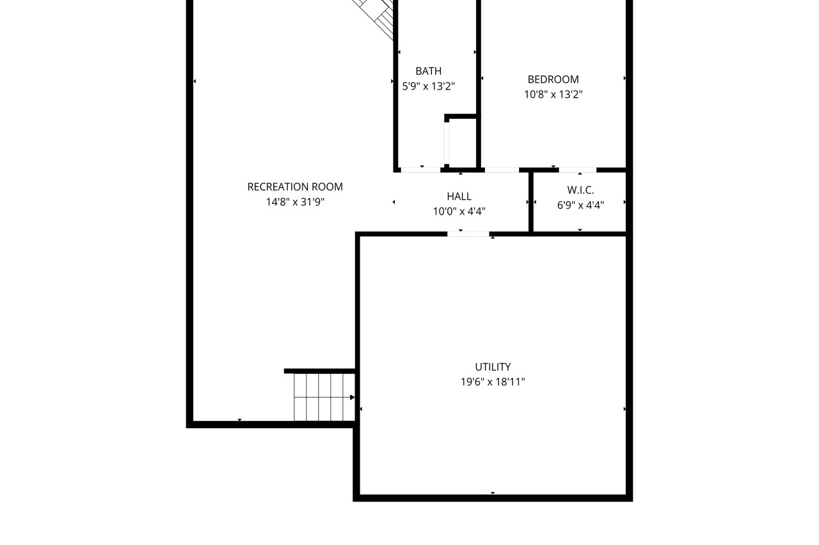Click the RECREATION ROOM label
pos(295,187)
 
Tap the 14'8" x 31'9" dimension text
pos(295,202)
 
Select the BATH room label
pos(428,71)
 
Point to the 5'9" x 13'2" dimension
pos(428,86)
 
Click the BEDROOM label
pos(553,79)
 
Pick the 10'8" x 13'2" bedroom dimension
pos(553,94)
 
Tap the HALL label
pos(459,196)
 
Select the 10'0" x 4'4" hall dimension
pos(459,211)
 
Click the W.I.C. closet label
pos(580,190)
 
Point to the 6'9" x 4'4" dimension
pos(580,205)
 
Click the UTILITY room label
pos(493,367)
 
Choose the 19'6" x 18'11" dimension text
pos(493,382)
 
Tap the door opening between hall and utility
pos(468,234)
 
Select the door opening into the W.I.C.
pos(577,170)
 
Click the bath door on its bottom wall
pos(420,170)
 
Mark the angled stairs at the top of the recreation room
pos(378,16)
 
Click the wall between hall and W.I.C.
pos(531,202)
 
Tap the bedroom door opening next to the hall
pos(502,170)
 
